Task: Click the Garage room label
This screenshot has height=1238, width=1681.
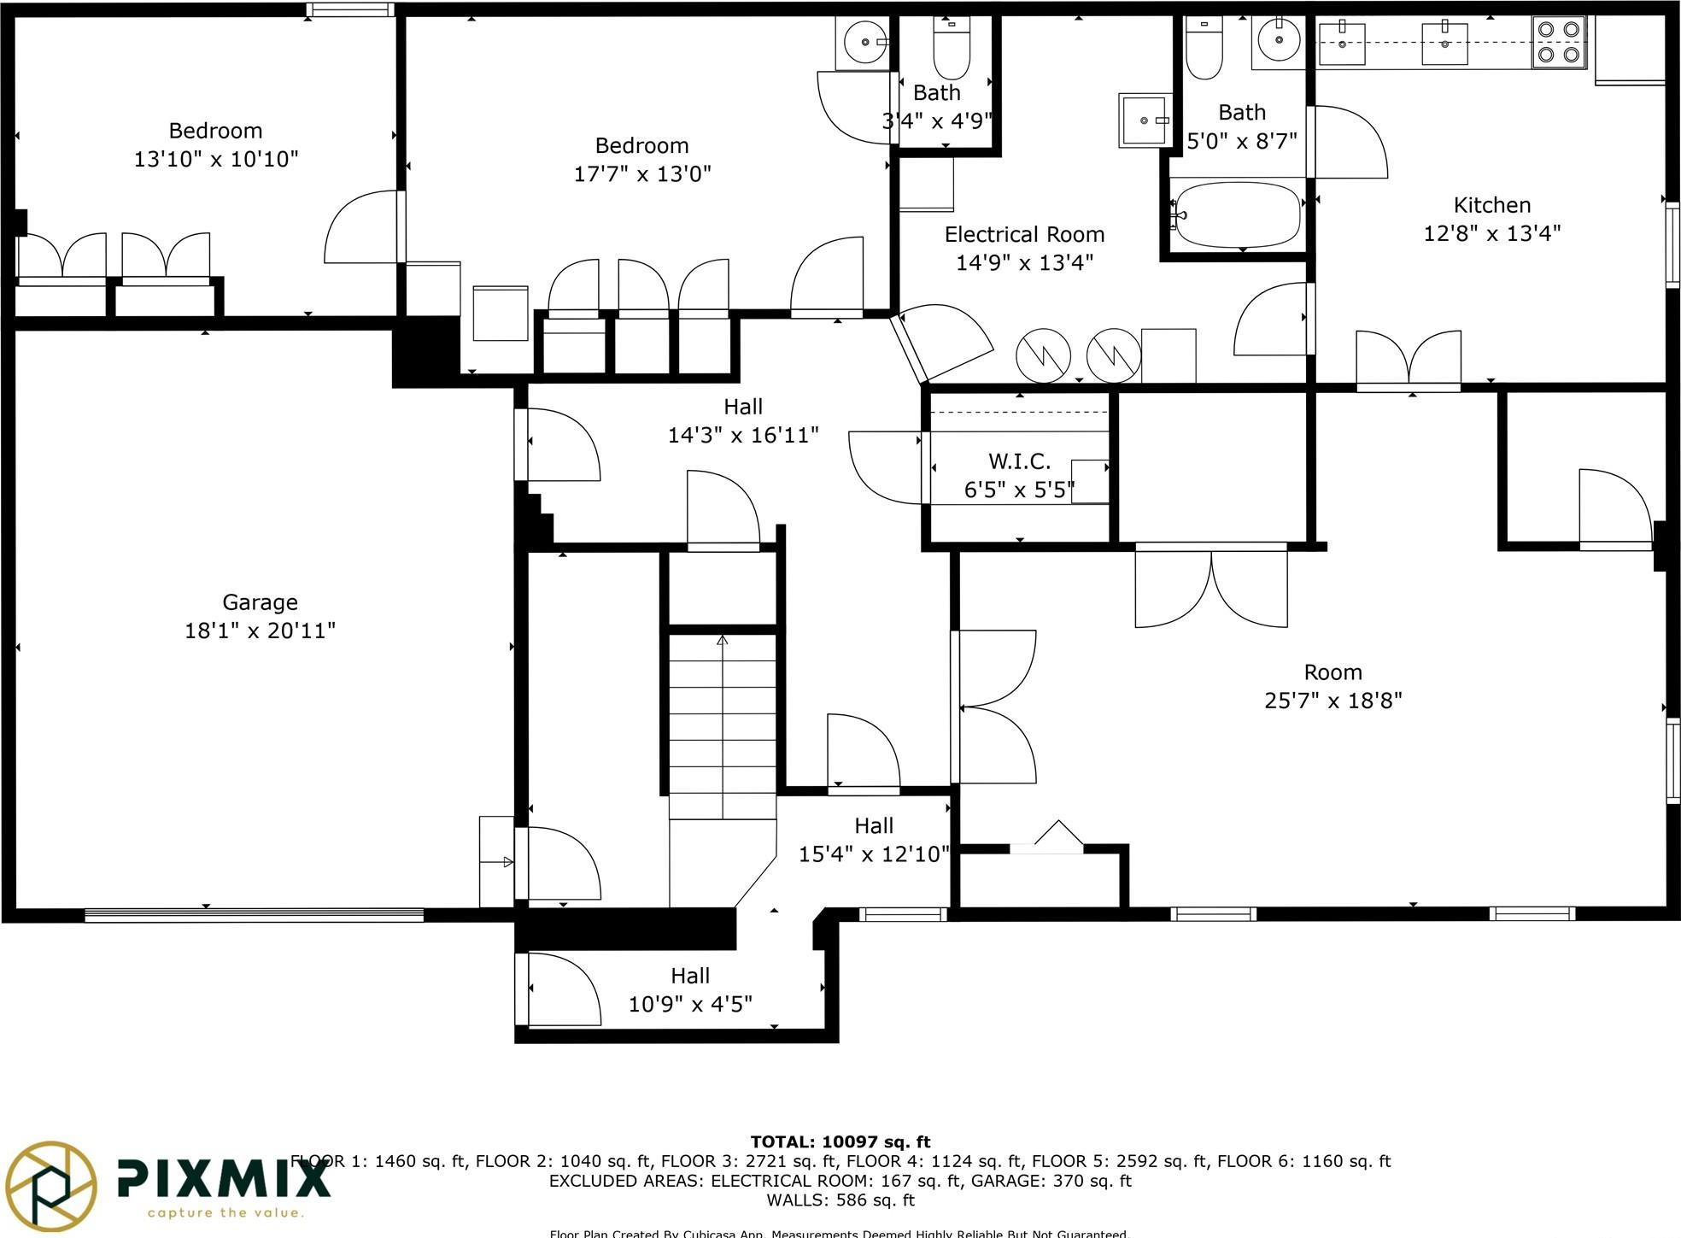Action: point(260,602)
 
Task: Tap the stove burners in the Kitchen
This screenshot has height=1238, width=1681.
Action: point(1558,43)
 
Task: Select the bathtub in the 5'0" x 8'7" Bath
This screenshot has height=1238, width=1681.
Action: point(1238,214)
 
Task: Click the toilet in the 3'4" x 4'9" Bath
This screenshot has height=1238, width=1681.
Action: point(951,50)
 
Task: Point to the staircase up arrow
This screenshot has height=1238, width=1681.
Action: point(723,641)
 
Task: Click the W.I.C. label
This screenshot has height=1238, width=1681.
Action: point(1019,461)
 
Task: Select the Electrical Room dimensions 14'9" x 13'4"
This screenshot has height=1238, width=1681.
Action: point(1024,262)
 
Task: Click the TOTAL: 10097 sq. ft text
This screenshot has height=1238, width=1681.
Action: point(840,1141)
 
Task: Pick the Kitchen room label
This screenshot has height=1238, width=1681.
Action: point(1491,205)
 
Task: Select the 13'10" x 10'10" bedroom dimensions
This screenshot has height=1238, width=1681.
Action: point(216,159)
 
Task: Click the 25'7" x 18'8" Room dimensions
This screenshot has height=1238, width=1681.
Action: point(1332,701)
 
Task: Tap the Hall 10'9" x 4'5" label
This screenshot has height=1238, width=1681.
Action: point(689,976)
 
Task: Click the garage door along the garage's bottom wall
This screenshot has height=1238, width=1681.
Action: point(254,915)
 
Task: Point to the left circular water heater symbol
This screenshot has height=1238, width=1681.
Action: point(1043,355)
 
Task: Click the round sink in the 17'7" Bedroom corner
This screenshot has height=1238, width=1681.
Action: point(865,42)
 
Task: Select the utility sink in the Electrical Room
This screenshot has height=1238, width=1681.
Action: point(1145,120)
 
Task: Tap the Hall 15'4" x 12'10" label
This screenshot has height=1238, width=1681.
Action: point(873,825)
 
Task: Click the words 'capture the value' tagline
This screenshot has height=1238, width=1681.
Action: point(225,1212)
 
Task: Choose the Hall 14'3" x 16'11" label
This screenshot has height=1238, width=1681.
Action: point(742,407)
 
